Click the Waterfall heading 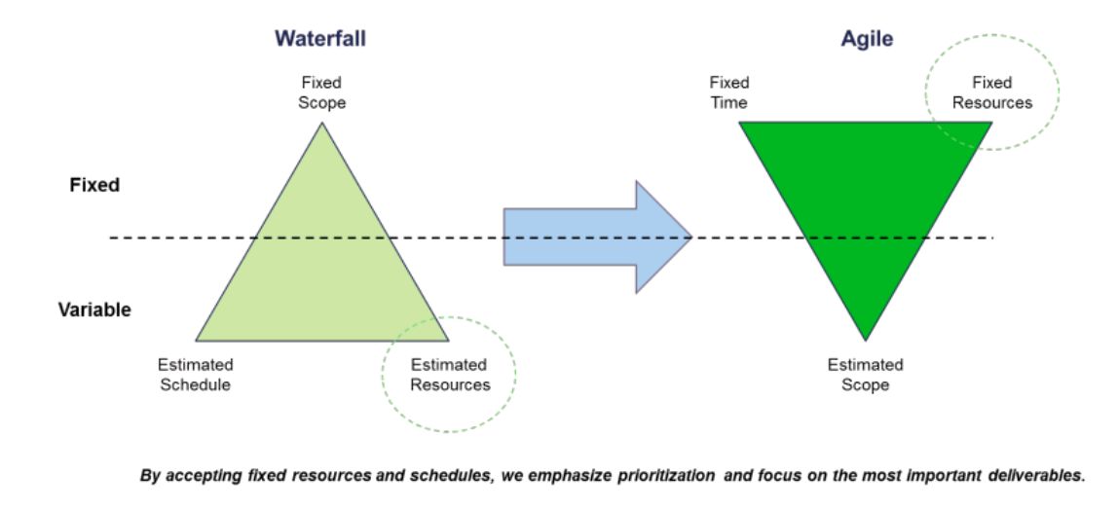pos(320,39)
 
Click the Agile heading pos(867,39)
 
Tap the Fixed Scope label pos(321,92)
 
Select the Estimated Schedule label pos(196,375)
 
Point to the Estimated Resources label pos(450,375)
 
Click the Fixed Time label pos(728,92)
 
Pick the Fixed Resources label pos(991,92)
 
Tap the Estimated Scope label pos(865,375)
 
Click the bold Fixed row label pos(94,185)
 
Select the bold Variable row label pos(94,310)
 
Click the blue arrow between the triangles pos(598,237)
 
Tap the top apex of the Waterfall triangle pos(322,123)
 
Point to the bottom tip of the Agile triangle pos(866,341)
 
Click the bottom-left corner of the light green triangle pos(196,341)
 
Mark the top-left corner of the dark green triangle pos(739,123)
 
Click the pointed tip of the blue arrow pos(691,237)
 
